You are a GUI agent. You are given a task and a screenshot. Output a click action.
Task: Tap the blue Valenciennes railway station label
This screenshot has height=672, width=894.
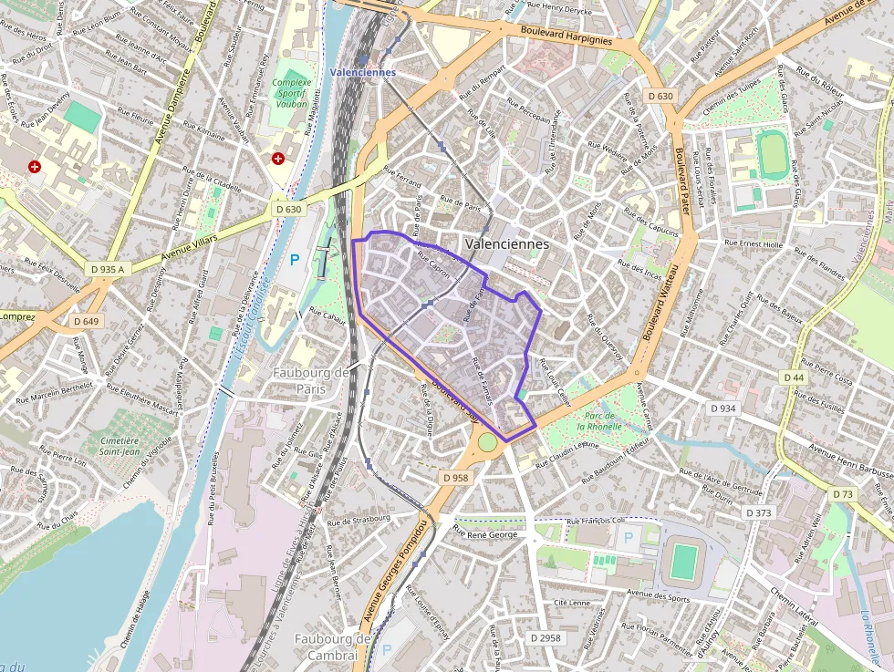(x=363, y=72)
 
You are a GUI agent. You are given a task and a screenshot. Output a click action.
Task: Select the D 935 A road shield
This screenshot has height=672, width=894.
(x=108, y=269)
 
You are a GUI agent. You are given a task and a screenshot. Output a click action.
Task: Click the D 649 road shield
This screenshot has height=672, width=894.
(x=86, y=321)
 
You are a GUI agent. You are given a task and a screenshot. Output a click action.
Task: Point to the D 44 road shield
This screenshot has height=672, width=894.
(x=793, y=377)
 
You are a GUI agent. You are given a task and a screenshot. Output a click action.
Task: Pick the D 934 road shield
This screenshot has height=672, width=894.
(x=722, y=408)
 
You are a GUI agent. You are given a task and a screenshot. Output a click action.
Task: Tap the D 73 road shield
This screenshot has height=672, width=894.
(x=843, y=493)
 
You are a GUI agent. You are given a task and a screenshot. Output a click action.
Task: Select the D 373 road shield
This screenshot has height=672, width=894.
(x=758, y=513)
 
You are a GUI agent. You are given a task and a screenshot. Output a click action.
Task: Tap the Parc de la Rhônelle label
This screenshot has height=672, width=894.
(x=599, y=420)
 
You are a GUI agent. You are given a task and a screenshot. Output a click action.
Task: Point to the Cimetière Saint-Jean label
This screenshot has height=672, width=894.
(x=120, y=445)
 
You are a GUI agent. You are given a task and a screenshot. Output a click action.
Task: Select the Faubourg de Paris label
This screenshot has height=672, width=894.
(x=311, y=380)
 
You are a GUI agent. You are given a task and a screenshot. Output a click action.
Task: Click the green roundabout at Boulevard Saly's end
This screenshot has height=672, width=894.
(x=488, y=441)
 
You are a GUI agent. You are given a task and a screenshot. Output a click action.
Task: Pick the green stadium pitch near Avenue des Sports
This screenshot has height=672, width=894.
(x=683, y=561)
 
